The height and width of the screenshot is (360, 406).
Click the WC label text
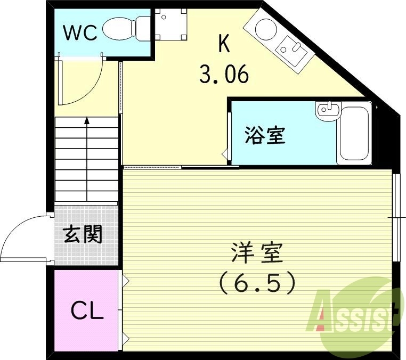click(x=80, y=33)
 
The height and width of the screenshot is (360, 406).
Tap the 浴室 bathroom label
click(x=265, y=135)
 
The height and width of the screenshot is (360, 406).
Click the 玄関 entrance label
click(x=83, y=234)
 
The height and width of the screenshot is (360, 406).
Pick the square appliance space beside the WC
click(x=172, y=25)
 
